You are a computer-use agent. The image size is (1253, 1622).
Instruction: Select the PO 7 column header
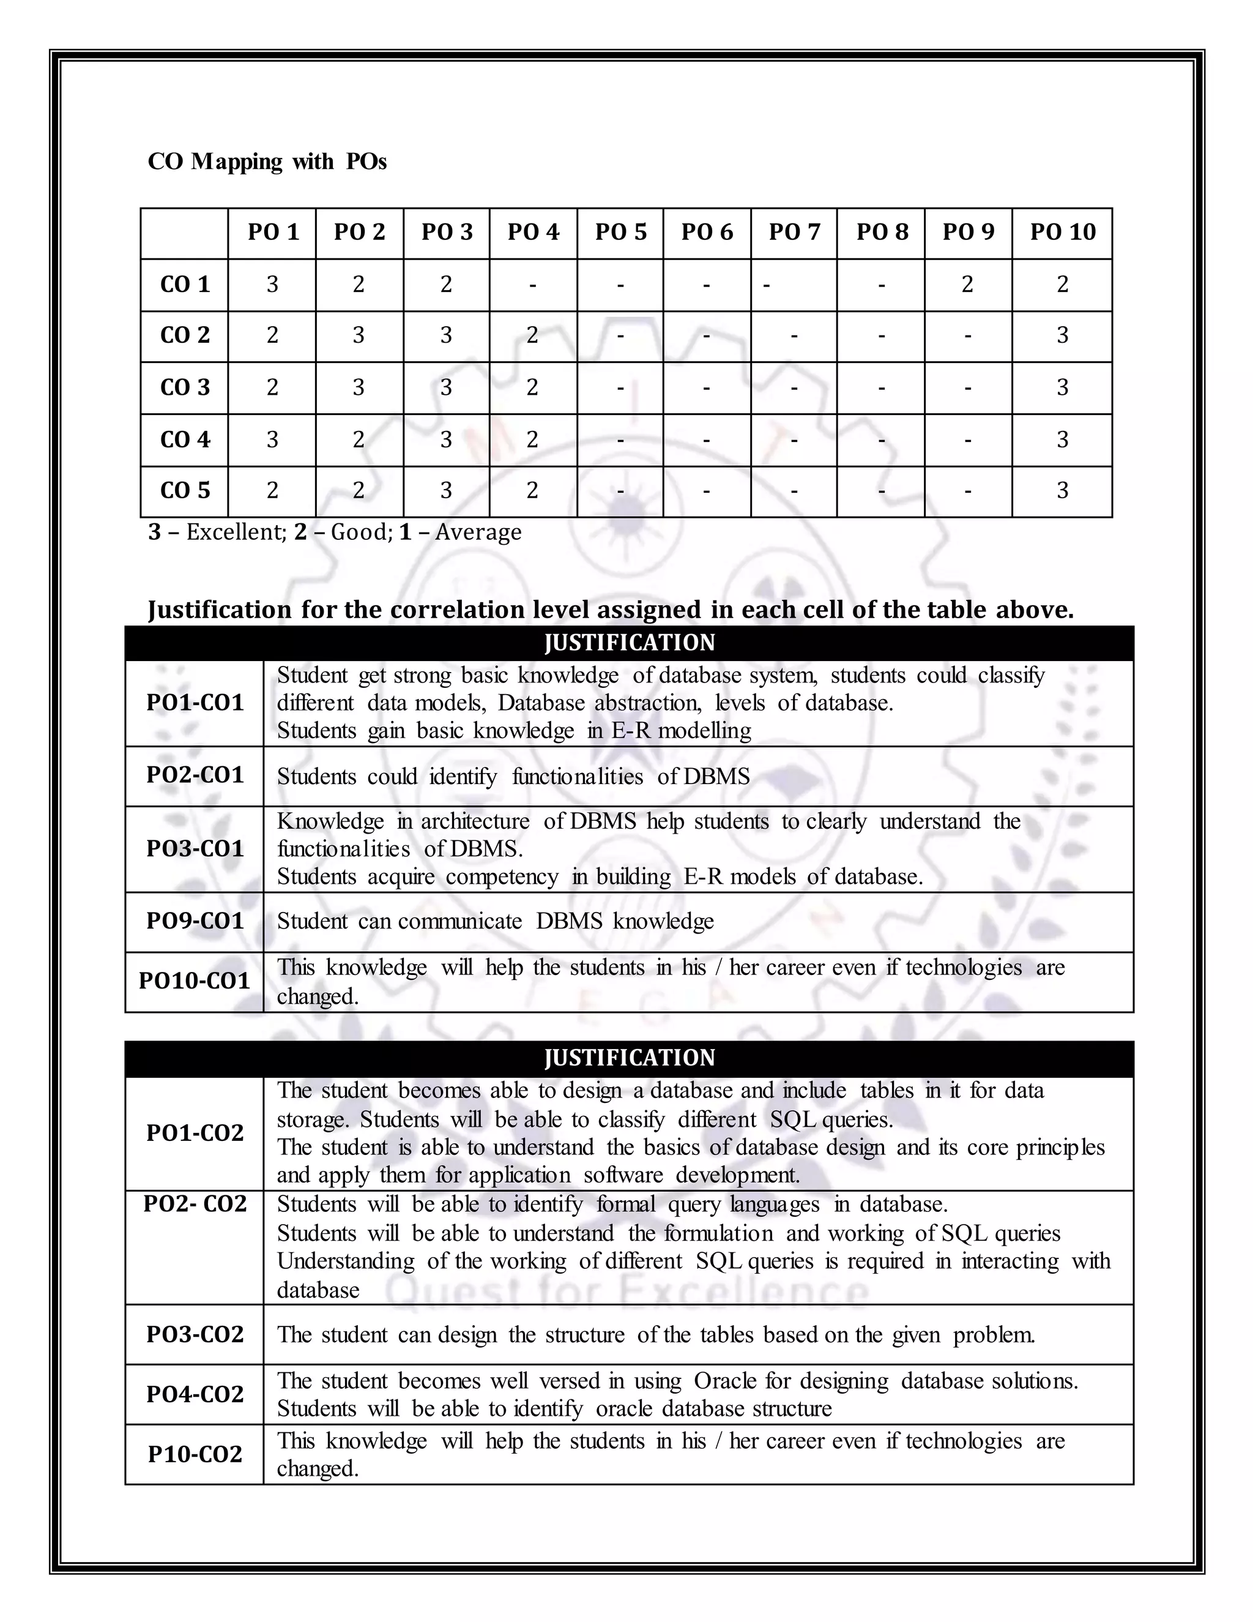(x=794, y=233)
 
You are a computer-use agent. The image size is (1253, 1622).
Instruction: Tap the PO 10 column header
(x=1062, y=233)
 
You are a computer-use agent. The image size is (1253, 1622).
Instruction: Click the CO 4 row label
(x=185, y=439)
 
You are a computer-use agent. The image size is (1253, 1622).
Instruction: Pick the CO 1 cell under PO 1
(x=272, y=285)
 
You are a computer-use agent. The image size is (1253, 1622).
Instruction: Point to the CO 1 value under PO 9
(x=967, y=285)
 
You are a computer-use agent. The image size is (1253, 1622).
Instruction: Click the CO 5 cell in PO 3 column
(x=446, y=490)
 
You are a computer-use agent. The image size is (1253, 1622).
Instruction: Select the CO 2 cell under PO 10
(x=1062, y=335)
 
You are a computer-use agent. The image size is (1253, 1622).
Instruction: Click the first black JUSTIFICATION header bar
(x=629, y=643)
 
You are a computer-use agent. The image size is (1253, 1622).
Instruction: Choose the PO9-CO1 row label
(x=195, y=921)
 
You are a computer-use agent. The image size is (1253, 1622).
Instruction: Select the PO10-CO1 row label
(x=195, y=981)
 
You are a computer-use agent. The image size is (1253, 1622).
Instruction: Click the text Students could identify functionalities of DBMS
(x=513, y=777)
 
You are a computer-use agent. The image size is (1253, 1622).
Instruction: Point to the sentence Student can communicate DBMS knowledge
(x=495, y=922)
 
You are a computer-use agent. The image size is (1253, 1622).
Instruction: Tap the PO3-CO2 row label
(x=195, y=1334)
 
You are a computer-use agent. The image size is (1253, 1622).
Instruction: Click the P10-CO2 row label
(x=195, y=1454)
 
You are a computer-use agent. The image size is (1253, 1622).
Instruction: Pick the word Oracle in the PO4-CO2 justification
(x=726, y=1381)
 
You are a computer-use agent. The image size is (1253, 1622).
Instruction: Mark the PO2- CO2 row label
(x=195, y=1204)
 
